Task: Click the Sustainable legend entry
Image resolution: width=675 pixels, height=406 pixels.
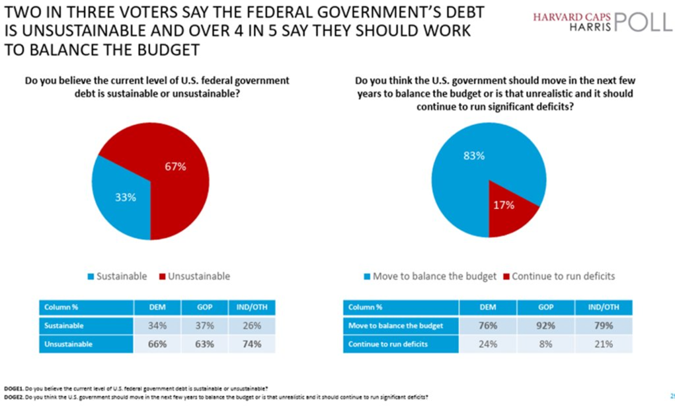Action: (117, 276)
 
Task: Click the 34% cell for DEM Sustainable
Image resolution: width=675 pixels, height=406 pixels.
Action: (157, 326)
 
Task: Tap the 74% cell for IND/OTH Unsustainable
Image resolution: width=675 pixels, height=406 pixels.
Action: (252, 344)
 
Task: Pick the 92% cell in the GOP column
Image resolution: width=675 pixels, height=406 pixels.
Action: (545, 326)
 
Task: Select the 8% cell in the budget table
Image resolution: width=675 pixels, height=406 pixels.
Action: (545, 344)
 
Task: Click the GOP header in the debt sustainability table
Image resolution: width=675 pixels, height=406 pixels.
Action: (204, 307)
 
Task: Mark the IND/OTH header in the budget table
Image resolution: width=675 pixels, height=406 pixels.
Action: (603, 307)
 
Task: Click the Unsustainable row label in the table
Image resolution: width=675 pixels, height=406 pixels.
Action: (69, 344)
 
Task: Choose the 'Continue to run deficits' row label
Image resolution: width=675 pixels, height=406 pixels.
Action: (388, 344)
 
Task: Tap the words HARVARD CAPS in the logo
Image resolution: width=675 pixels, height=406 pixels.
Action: (572, 17)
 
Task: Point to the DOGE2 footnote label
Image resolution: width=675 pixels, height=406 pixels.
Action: (14, 397)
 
